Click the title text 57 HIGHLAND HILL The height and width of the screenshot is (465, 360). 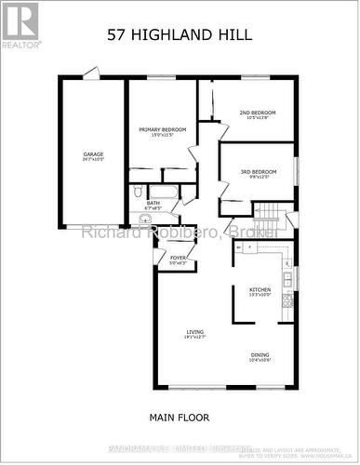pos(180,37)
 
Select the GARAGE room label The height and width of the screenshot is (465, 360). pos(92,154)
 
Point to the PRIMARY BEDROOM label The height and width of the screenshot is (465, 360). pos(163,129)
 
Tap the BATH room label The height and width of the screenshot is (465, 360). pos(153,202)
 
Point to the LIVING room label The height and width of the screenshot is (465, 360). pos(195,332)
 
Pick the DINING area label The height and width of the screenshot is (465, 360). pos(260,354)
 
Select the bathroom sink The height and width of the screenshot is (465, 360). pos(144,219)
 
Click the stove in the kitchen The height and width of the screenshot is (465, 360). pos(288,299)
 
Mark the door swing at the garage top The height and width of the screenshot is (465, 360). pos(91,72)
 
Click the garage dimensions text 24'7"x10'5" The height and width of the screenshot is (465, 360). pos(92,160)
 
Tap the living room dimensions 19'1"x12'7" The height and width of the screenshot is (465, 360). pos(195,339)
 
